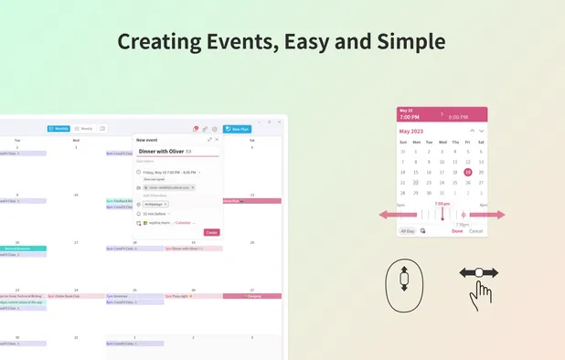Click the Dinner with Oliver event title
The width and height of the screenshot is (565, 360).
pos(161,151)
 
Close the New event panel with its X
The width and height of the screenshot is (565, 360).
pos(217,139)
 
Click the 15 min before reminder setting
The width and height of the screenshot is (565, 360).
pos(155,213)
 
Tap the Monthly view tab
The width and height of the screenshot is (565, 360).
pos(59,129)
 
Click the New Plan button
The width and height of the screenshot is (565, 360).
pos(237,129)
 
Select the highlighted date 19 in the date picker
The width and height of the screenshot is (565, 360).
pos(468,172)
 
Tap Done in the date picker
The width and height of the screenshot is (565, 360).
pos(457,231)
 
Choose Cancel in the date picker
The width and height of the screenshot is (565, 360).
pos(475,231)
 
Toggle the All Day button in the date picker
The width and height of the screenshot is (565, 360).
pos(407,231)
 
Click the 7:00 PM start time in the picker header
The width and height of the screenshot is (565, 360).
pos(410,117)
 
